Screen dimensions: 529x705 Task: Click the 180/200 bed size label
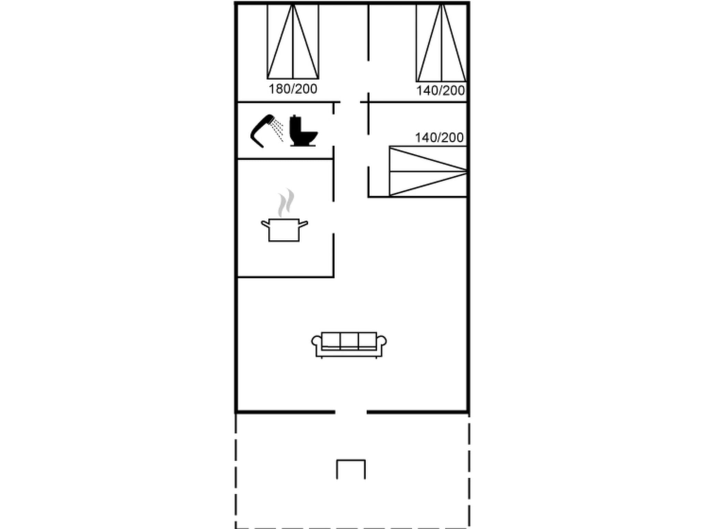pos(293,89)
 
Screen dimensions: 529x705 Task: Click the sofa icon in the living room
pos(349,344)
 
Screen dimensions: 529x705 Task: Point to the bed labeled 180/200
pos(293,41)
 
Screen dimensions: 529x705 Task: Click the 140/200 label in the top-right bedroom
pos(440,91)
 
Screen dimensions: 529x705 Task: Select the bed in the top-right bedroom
pos(442,43)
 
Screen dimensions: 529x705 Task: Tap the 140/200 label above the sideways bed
pos(439,138)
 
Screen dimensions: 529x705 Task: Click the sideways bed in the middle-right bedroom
pos(428,171)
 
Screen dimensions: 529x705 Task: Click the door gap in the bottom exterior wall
pos(351,412)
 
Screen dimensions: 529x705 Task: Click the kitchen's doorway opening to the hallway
pos(333,217)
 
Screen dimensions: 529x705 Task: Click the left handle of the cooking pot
pos(265,224)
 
